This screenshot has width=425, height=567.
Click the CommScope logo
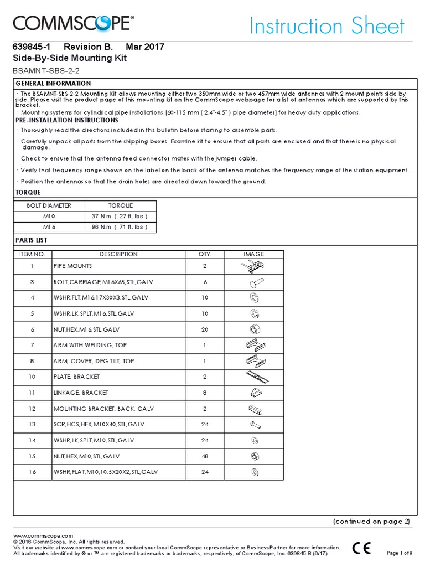(73, 24)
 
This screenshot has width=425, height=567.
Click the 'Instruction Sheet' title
(326, 26)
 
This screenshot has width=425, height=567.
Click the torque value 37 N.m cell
(120, 216)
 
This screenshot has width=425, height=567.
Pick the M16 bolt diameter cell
(49, 227)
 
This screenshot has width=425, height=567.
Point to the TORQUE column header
(120, 205)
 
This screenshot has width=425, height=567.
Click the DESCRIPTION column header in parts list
(118, 254)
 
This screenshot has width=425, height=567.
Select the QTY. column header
(205, 254)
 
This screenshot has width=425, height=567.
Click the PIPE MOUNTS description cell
(73, 266)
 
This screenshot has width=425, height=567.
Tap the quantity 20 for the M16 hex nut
(205, 329)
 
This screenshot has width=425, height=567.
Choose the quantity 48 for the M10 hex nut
(205, 456)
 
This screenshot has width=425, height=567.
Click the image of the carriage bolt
(253, 282)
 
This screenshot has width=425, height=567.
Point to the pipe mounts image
(253, 266)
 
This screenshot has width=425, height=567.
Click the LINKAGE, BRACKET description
(81, 393)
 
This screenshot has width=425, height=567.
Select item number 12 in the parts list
(32, 408)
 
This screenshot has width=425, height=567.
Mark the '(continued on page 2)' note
(371, 522)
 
